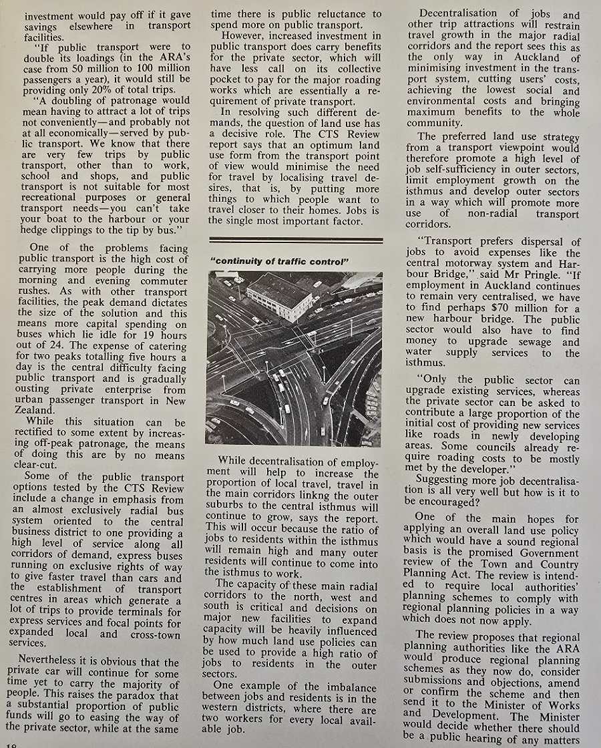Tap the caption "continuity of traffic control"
tap(280, 261)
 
